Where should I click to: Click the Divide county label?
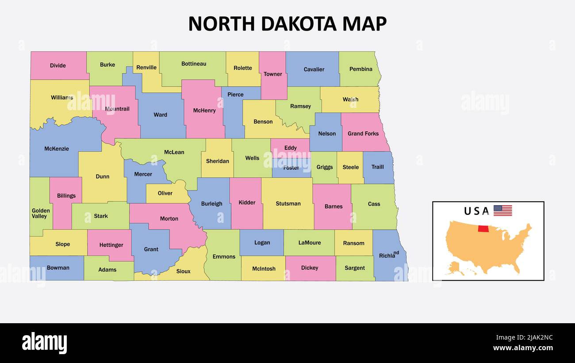pyautogui.click(x=57, y=65)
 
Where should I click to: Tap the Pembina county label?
pyautogui.click(x=360, y=69)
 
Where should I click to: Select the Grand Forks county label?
pyautogui.click(x=363, y=134)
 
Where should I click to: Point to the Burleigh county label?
pyautogui.click(x=211, y=204)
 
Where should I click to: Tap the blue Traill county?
pyautogui.click(x=377, y=173)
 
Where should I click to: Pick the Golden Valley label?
pyautogui.click(x=40, y=214)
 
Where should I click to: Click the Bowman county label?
pyautogui.click(x=58, y=267)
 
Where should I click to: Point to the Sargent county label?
pyautogui.click(x=355, y=268)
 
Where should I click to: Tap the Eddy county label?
pyautogui.click(x=291, y=148)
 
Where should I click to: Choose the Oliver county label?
pyautogui.click(x=165, y=193)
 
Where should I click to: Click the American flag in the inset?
pyautogui.click(x=502, y=210)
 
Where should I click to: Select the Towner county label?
pyautogui.click(x=272, y=74)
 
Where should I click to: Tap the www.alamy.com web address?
pyautogui.click(x=523, y=348)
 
